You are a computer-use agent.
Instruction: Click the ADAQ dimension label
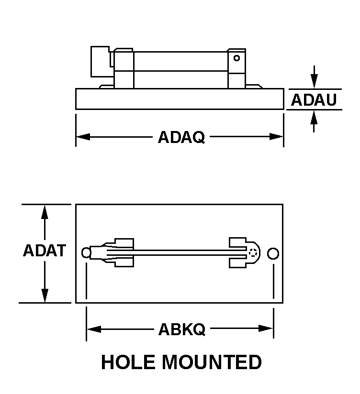pyautogui.click(x=181, y=137)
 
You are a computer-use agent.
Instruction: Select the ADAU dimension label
pyautogui.click(x=314, y=100)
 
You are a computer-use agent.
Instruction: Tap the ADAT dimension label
pyautogui.click(x=45, y=250)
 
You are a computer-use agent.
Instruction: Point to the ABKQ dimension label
pyautogui.click(x=181, y=329)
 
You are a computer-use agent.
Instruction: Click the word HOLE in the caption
pyautogui.click(x=128, y=362)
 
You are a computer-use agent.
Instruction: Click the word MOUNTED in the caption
pyautogui.click(x=212, y=362)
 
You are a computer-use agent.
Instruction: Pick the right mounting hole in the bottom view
pyautogui.click(x=273, y=253)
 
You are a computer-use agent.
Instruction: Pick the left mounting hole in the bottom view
pyautogui.click(x=86, y=253)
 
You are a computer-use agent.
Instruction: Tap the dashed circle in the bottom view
pyautogui.click(x=253, y=252)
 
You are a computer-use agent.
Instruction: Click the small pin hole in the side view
pyautogui.click(x=236, y=58)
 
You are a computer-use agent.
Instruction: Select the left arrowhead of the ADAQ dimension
pyautogui.click(x=83, y=137)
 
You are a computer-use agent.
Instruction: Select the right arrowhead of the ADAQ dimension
pyautogui.click(x=276, y=137)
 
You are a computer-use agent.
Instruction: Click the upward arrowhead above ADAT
pyautogui.click(x=45, y=212)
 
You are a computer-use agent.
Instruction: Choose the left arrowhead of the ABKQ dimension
pyautogui.click(x=94, y=329)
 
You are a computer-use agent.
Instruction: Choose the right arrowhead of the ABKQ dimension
pyautogui.click(x=266, y=328)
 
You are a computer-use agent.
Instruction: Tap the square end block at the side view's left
pyautogui.click(x=100, y=61)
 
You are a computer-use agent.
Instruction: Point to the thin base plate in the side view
pyautogui.click(x=180, y=99)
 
